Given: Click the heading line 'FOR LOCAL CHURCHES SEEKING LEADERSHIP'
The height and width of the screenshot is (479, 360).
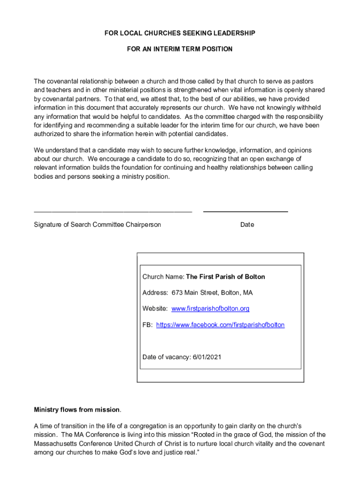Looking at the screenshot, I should tap(180, 33).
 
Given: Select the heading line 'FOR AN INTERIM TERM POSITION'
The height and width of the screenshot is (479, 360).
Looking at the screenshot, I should tap(180, 49).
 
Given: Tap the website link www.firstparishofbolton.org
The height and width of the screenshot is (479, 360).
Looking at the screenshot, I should tap(210, 309).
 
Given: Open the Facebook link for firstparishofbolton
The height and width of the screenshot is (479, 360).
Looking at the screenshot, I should tap(220, 325).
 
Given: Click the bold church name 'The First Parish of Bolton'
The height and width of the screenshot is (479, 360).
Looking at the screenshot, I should tap(225, 277).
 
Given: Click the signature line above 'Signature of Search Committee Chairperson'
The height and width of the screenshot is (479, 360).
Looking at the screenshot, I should tap(113, 212).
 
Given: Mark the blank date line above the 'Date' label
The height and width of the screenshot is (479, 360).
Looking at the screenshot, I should tap(245, 212).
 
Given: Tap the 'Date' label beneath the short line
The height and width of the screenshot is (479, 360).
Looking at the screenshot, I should tap(247, 225).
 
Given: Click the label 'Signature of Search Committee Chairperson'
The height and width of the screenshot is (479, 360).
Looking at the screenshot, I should tap(97, 225).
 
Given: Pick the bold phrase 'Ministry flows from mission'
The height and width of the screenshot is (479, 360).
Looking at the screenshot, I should tap(77, 410).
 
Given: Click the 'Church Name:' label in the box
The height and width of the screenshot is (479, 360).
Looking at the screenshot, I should tap(163, 277).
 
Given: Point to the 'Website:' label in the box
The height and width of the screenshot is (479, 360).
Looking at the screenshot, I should tap(155, 309).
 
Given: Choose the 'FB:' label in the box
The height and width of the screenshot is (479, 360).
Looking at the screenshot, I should tap(147, 325).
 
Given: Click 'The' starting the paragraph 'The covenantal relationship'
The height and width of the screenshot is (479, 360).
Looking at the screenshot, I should tap(39, 81).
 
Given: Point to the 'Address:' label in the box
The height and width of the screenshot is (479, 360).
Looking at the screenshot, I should tap(155, 293).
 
